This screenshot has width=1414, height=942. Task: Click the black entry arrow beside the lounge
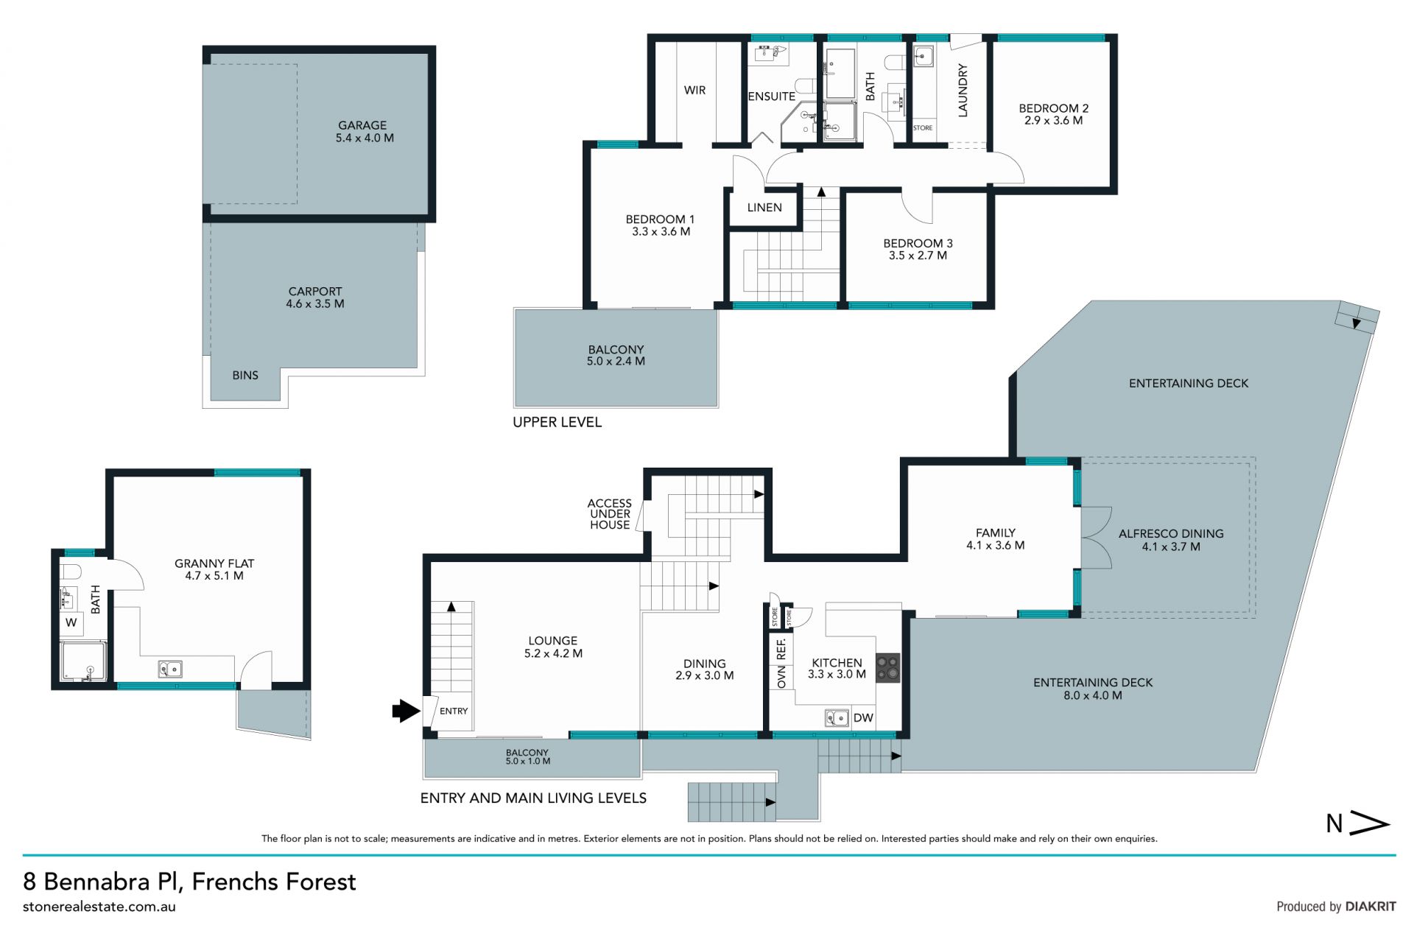pos(406,711)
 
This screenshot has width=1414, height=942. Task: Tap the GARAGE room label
pos(362,125)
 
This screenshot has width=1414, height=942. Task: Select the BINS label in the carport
pos(245,375)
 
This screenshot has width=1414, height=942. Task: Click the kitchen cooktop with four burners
pos(888,668)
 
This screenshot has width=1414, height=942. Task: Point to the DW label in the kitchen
pos(863,718)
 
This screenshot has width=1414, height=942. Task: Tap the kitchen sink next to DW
pos(837,717)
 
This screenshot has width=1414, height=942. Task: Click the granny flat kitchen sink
pos(170,669)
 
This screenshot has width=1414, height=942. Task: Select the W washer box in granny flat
pos(71,622)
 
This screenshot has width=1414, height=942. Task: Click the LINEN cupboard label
pos(764,208)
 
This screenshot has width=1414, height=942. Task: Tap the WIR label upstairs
pos(694,90)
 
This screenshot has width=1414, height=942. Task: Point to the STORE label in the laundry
pos(923,128)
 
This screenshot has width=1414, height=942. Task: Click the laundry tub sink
pos(924,56)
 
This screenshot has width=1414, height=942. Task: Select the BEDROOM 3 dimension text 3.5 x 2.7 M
pos(918,256)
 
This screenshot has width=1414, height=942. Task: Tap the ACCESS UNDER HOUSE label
pos(610,514)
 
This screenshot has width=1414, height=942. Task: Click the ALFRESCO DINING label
pos(1171,534)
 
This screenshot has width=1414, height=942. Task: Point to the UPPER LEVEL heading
pos(557,422)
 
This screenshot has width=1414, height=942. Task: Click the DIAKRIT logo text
pos(1371,907)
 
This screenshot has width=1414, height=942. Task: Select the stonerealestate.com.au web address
pos(99,907)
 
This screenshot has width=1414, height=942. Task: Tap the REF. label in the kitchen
pos(781,649)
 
